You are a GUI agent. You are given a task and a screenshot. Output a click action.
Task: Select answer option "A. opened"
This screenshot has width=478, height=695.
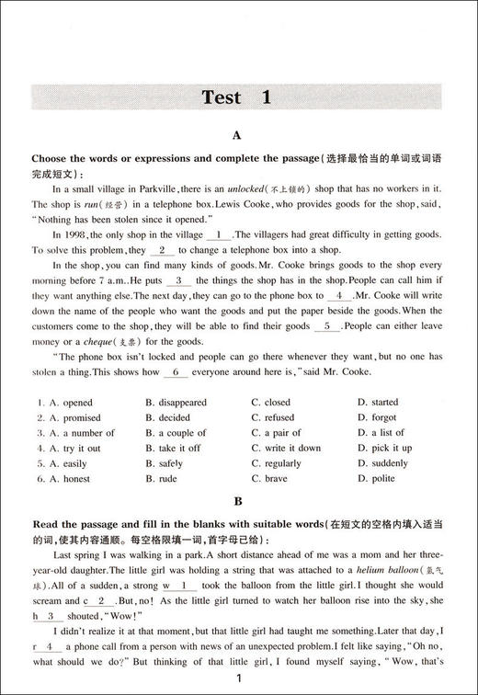[x=64, y=402]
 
